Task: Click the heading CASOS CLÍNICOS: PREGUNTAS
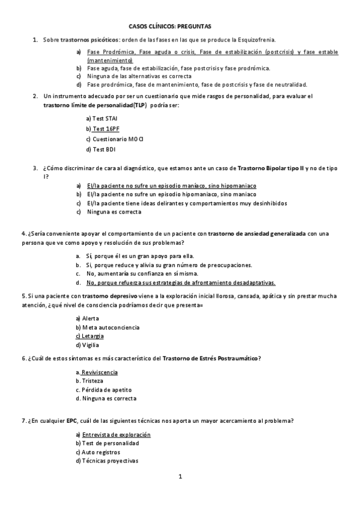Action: click(170, 26)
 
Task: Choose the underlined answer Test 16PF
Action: click(105, 129)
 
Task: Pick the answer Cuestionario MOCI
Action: click(114, 139)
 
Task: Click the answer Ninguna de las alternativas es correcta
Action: click(139, 76)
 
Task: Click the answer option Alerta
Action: click(91, 318)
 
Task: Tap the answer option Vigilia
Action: click(91, 345)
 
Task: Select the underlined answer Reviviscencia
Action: click(99, 372)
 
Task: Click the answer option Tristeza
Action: click(92, 381)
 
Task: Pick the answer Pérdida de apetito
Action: click(103, 389)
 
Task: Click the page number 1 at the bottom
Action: click(179, 476)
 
